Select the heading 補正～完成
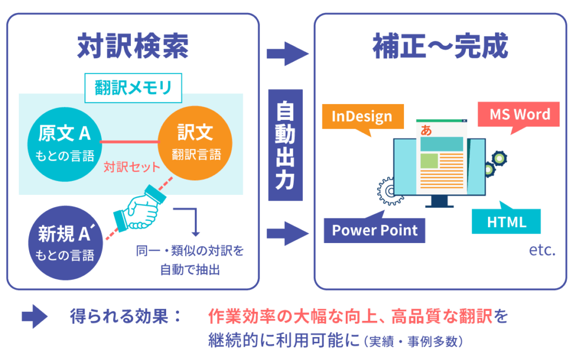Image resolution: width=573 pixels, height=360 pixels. (x=440, y=47)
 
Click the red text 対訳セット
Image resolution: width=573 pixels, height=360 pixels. (x=132, y=167)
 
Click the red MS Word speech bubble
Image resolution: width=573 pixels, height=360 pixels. (x=520, y=115)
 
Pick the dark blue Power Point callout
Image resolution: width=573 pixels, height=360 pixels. (x=374, y=230)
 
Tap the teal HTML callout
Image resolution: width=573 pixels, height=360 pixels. (x=506, y=222)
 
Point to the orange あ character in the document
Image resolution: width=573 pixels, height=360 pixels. (x=426, y=130)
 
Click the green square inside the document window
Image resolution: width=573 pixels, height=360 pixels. (x=429, y=161)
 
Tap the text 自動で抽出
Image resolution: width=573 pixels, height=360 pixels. (x=190, y=269)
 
